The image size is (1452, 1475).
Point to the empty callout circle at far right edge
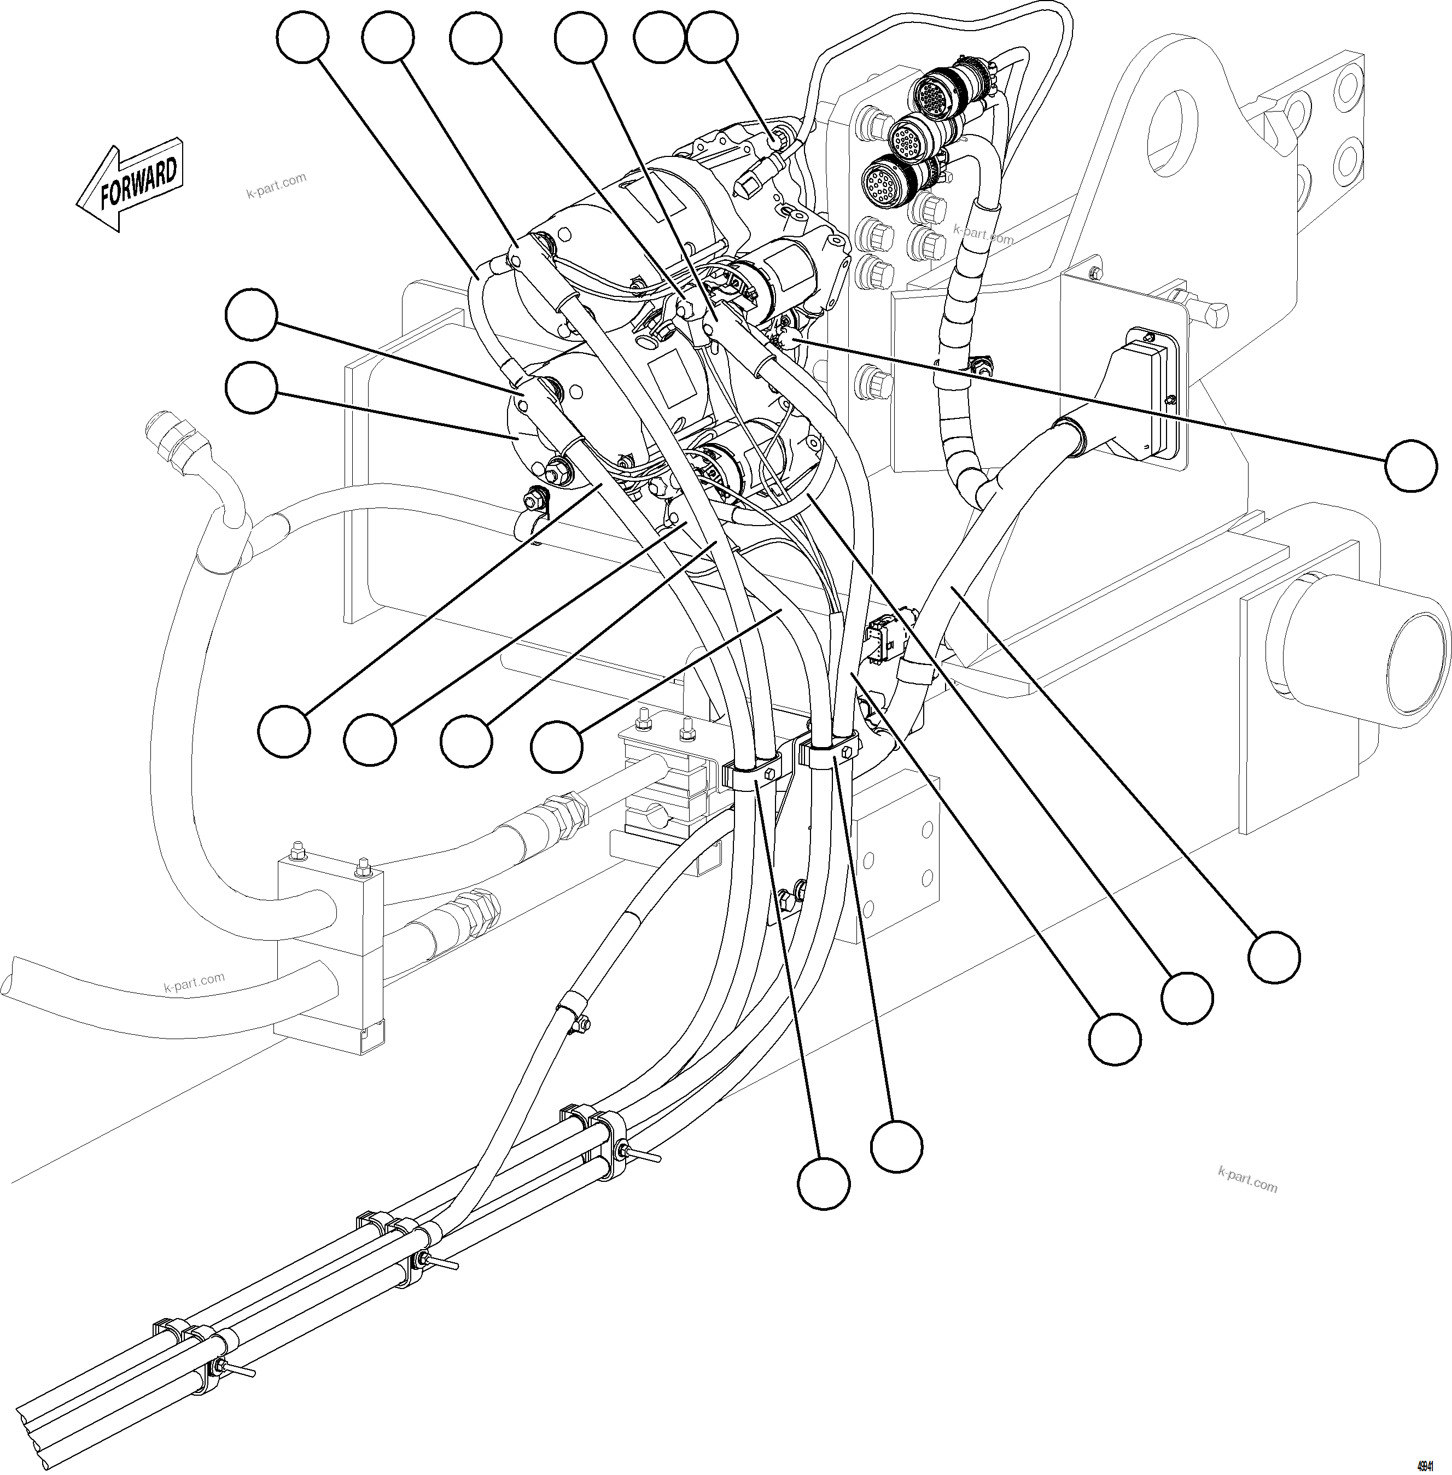point(1411,466)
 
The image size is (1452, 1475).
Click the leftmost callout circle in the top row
point(303,38)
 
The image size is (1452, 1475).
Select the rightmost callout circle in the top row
point(712,38)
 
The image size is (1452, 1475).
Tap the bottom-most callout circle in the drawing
point(824,1183)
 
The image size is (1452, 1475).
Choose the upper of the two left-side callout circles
point(251,314)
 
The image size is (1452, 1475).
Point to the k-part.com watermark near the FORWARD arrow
point(276,184)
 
